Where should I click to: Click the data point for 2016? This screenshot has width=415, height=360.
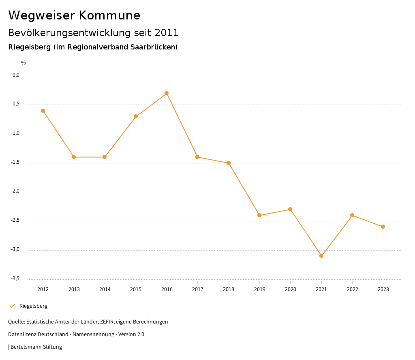[x=167, y=93]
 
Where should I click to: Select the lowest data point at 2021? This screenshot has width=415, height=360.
[x=321, y=256]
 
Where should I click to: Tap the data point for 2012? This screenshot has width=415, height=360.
[x=43, y=111]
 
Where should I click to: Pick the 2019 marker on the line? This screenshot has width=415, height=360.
[x=259, y=215]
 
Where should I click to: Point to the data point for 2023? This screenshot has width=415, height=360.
[x=383, y=227]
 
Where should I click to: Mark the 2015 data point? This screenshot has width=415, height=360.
[x=136, y=116]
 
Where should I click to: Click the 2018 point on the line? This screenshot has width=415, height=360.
[x=229, y=163]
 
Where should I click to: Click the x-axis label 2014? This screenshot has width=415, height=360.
[x=105, y=289]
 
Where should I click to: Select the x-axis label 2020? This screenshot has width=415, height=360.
[x=290, y=289]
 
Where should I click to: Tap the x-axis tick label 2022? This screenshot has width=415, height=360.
[x=352, y=289]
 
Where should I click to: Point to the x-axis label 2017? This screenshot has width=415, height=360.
[x=197, y=289]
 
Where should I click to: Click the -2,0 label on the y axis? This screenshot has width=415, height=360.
[x=15, y=191]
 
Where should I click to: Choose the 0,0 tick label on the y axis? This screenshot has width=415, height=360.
[x=16, y=75]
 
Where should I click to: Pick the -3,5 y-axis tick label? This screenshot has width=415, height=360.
[x=15, y=279]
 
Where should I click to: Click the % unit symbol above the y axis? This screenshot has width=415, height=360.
[x=24, y=63]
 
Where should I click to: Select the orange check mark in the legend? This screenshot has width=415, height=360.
[x=12, y=306]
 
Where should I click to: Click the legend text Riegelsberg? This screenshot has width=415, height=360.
[x=33, y=306]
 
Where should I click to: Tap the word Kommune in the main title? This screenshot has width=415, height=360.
[x=109, y=15]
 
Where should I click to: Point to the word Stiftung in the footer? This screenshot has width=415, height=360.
[x=52, y=347]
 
